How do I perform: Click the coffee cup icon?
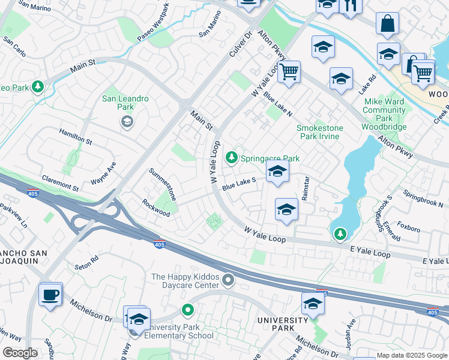tap(50, 295)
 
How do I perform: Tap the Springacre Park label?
tap(270, 158)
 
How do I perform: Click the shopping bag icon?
tap(388, 24)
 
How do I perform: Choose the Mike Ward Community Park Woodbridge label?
tap(384, 114)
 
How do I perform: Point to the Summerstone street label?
tap(163, 184)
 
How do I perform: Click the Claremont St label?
tap(60, 183)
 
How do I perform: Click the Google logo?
tap(20, 353)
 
